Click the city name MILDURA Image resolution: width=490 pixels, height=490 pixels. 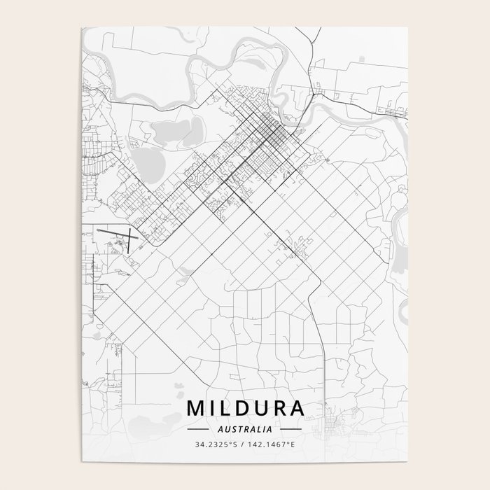click(245, 408)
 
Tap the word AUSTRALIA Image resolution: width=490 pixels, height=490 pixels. click(245, 428)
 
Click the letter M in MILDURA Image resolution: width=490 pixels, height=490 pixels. click(195, 408)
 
